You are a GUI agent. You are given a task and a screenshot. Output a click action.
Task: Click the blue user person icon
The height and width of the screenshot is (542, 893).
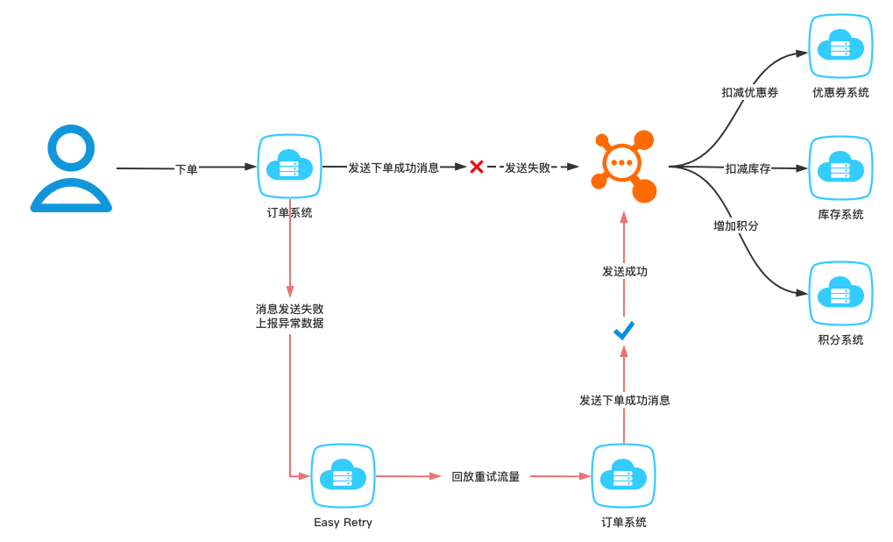pos(71,168)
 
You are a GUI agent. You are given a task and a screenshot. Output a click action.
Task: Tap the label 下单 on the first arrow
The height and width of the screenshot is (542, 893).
pos(187,169)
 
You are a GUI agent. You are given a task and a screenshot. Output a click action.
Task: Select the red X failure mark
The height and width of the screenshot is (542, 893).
pos(477,167)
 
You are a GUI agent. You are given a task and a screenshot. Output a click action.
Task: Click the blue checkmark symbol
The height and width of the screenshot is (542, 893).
pos(624,331)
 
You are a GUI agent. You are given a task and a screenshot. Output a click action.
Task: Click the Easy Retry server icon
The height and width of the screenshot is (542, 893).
pos(343,476)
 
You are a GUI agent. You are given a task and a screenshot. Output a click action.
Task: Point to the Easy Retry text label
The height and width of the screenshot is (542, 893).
pos(343,523)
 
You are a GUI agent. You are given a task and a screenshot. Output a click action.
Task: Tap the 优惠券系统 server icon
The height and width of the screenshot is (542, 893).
pos(840,46)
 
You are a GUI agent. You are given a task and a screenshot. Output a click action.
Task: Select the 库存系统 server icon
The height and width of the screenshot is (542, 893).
pos(840,168)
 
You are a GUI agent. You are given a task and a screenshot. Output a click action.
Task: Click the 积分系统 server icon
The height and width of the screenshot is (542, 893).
pos(840,293)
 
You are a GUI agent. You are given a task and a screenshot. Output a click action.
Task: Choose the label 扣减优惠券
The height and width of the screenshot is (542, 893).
pos(749,92)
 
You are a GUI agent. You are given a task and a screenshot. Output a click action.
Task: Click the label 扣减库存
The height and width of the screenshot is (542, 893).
pos(748,168)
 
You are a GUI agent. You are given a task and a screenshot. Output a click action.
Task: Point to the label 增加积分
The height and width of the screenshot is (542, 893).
pos(735,225)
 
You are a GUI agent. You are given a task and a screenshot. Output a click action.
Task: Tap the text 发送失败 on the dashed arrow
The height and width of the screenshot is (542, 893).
pos(528,168)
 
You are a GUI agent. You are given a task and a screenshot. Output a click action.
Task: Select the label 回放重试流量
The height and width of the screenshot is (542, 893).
pos(485,477)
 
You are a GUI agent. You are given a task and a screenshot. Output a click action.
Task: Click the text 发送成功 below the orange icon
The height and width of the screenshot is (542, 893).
pos(625,272)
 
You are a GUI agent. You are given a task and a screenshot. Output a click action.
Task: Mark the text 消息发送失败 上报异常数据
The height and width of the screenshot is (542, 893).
pos(289,316)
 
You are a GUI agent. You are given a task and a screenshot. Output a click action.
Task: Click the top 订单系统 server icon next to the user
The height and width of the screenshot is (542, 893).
pos(289,166)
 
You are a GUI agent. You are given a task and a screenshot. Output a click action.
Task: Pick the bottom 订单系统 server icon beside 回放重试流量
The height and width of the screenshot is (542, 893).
pos(624,476)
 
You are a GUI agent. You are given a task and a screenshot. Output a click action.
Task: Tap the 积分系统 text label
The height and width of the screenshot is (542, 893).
pos(840,339)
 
